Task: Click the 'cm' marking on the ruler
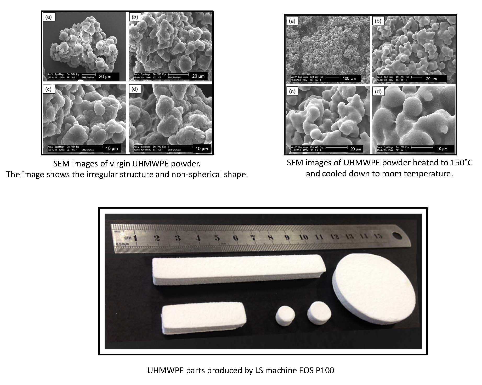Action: (128, 238)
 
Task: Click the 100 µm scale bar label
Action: (349, 78)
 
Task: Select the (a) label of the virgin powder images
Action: (49, 17)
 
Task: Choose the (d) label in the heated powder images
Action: (378, 91)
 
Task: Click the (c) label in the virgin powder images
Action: (48, 89)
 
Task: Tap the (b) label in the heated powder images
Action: (378, 21)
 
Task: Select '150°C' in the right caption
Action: (460, 163)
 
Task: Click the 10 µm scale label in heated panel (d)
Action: (442, 149)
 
